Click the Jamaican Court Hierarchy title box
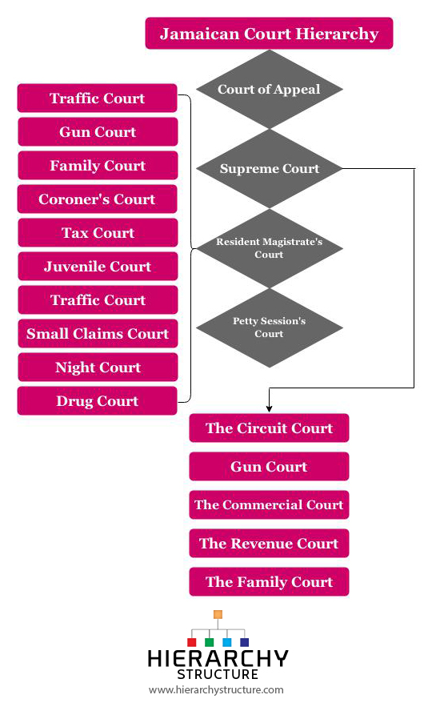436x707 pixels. click(269, 34)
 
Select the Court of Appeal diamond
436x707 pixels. click(270, 90)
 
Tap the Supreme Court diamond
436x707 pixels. click(270, 169)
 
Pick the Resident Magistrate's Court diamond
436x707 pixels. click(270, 248)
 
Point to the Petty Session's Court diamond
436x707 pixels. click(270, 327)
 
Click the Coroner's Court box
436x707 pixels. click(98, 199)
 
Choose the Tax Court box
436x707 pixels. click(98, 233)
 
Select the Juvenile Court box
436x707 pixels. click(98, 266)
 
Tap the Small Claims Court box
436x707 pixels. click(98, 334)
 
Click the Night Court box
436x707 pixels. click(98, 367)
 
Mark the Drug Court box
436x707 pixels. click(98, 401)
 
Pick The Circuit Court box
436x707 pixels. click(269, 428)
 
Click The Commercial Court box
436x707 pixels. click(269, 504)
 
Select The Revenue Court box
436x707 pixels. click(269, 544)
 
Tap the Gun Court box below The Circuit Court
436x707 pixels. click(269, 466)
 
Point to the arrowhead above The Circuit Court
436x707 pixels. click(270, 409)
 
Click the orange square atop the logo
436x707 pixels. click(218, 614)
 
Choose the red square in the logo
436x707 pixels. click(191, 642)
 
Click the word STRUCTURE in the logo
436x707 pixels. click(218, 674)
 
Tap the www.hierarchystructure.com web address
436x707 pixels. click(216, 690)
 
